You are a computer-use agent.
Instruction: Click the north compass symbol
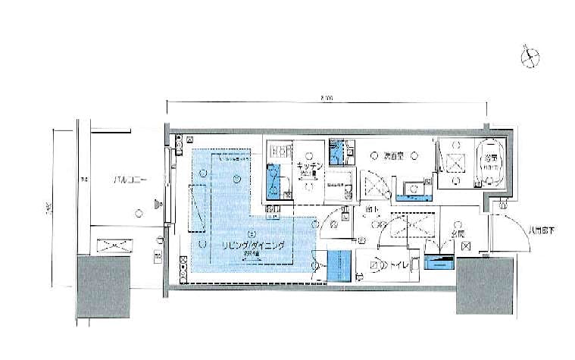(531, 56)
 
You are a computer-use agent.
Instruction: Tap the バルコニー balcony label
(130, 180)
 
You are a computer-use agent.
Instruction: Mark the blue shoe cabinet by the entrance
(439, 263)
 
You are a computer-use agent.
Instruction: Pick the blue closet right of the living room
(339, 265)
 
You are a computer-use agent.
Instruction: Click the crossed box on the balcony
(114, 246)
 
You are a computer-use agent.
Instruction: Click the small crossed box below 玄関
(466, 246)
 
